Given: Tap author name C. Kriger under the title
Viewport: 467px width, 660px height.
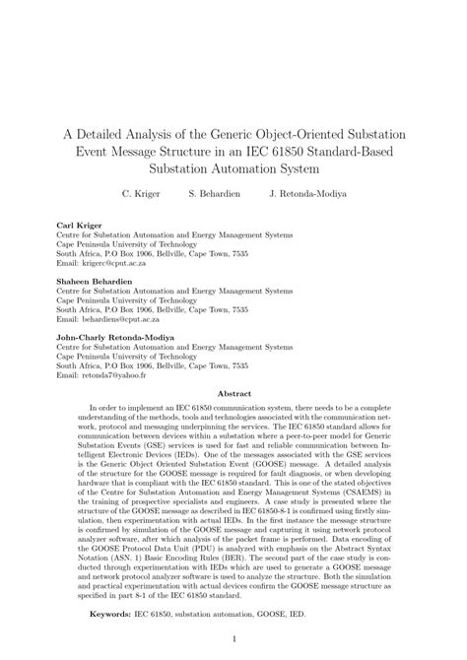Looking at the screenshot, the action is [140, 194].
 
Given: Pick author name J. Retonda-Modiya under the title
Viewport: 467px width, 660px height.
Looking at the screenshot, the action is [307, 194].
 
